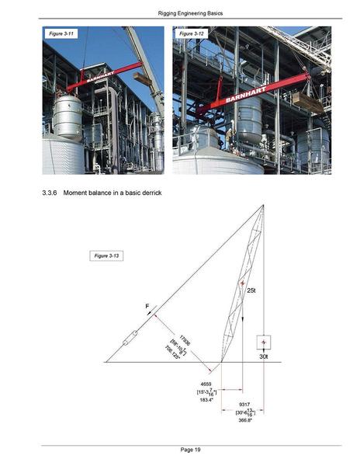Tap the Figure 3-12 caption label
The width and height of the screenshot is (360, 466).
(x=191, y=35)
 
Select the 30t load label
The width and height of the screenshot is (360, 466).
(x=264, y=358)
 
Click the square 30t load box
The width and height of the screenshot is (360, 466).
(x=264, y=343)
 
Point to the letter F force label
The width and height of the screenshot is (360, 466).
(x=147, y=308)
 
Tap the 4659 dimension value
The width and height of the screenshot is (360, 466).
(x=206, y=384)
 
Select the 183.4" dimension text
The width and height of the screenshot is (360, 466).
(x=206, y=399)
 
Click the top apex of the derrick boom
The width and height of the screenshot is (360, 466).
(x=263, y=205)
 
